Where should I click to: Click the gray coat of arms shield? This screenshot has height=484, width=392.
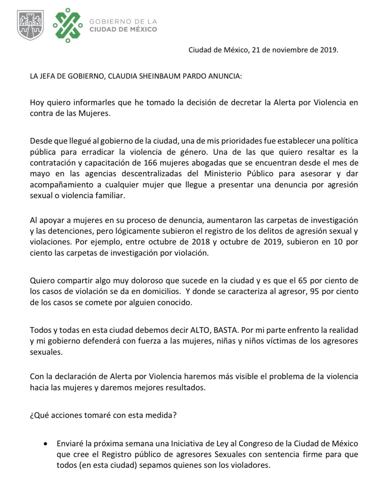31,25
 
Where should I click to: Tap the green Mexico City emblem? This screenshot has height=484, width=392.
67,25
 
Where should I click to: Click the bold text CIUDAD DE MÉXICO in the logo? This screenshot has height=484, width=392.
123,29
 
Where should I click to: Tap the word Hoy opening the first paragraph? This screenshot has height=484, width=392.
37,102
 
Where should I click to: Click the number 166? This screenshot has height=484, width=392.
150,163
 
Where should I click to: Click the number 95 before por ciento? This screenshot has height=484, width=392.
314,291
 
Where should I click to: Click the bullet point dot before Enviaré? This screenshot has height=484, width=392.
45,444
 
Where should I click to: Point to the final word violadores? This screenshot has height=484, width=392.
251,465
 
